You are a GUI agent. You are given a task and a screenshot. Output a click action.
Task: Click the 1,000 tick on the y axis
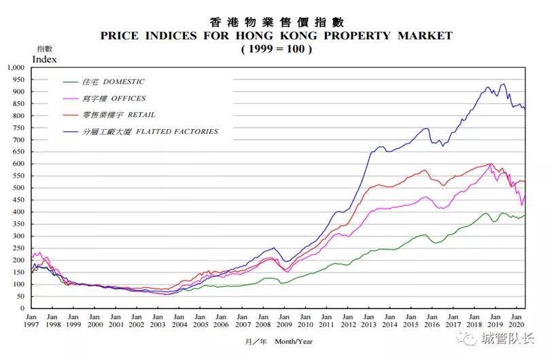pyautogui.click(x=16, y=67)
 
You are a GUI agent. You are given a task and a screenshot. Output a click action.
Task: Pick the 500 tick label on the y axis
pyautogui.click(x=18, y=187)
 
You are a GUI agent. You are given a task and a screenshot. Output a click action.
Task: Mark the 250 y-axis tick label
pyautogui.click(x=18, y=248)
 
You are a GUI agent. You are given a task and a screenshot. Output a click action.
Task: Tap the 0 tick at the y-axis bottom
pyautogui.click(x=22, y=308)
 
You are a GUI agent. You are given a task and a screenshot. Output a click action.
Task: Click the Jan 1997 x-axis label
pyautogui.click(x=31, y=321)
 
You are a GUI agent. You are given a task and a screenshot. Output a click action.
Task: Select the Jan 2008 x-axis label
pyautogui.click(x=263, y=321)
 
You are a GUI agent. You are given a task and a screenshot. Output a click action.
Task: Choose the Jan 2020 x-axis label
pyautogui.click(x=516, y=321)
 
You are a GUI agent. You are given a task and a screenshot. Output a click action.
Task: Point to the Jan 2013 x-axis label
pyautogui.click(x=368, y=321)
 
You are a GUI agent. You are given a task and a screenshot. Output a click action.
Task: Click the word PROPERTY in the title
pyautogui.click(x=358, y=35)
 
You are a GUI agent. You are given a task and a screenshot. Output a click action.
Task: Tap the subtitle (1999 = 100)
pyautogui.click(x=277, y=48)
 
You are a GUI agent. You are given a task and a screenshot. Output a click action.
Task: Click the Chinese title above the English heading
pyautogui.click(x=277, y=22)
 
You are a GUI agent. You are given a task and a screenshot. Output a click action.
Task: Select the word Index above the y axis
pyautogui.click(x=44, y=59)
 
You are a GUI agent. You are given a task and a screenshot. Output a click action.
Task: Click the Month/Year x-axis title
pyautogui.click(x=294, y=341)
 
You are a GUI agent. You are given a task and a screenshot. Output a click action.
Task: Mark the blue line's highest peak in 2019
pyautogui.click(x=504, y=84)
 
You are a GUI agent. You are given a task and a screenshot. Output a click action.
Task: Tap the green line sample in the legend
pyautogui.click(x=71, y=82)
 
